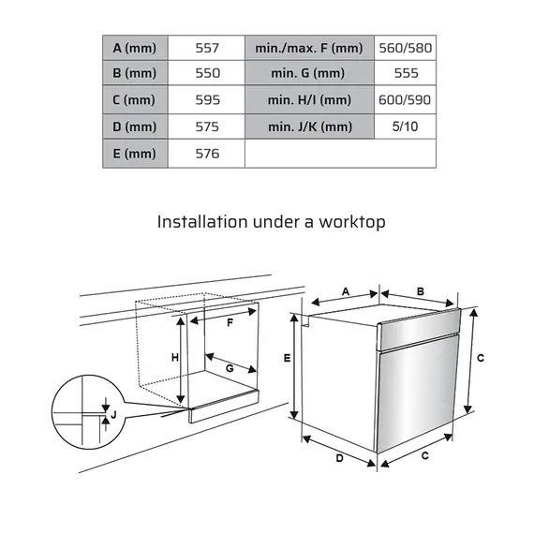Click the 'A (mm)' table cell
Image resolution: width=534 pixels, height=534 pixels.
coord(134,47)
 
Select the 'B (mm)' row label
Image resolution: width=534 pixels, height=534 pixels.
coord(134,73)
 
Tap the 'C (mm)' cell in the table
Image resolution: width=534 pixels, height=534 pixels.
coord(134,99)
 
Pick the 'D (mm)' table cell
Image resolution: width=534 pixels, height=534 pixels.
coord(134,126)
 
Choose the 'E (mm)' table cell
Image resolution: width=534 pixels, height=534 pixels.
coord(134,154)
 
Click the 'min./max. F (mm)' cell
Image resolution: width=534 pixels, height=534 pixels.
coord(309,47)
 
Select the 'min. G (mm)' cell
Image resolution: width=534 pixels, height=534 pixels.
coord(309,73)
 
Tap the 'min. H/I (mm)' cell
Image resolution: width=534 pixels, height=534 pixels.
coord(309,99)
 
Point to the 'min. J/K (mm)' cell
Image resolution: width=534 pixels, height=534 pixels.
coord(309,126)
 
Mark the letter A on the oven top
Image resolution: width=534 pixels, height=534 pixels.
coord(345,292)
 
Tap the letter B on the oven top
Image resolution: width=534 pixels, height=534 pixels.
coord(421,291)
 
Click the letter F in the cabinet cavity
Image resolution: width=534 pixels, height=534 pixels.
coord(230,322)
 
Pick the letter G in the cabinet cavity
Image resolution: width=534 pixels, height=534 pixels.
coord(230,368)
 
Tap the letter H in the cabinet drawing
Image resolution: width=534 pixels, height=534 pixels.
coord(174,358)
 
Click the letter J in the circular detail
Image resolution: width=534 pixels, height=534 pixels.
coord(112,414)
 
